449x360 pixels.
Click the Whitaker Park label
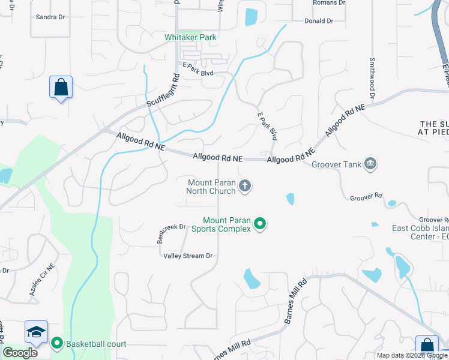[191, 37]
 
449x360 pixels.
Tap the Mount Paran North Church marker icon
[245, 186]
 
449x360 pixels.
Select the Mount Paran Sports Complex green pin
[260, 224]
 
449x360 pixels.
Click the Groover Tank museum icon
[370, 163]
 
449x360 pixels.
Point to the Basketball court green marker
[57, 344]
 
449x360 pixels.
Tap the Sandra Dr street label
[50, 17]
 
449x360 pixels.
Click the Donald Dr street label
[319, 21]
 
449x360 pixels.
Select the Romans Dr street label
[330, 3]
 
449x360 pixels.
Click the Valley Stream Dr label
[188, 256]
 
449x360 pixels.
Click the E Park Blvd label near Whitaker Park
[198, 74]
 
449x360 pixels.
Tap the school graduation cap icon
[36, 332]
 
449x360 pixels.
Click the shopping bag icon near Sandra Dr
[61, 87]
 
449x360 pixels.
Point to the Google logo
[20, 353]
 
